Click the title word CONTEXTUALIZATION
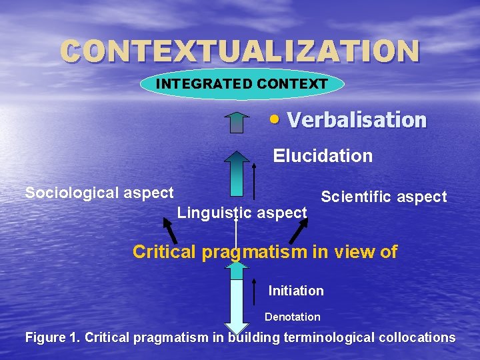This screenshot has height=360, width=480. coord(240,51)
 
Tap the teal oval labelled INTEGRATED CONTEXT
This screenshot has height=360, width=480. coord(242,84)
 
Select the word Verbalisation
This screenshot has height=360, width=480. coord(356,120)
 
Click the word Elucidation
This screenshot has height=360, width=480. coord(323,156)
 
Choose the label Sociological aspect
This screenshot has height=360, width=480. coord(99,193)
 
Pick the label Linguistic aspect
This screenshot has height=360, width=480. coord(242,213)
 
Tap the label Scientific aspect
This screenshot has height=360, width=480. coord(383,197)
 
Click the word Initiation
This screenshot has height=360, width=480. coord(296,291)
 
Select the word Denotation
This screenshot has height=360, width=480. coord(292,317)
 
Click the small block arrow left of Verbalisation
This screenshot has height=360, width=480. coord(236,123)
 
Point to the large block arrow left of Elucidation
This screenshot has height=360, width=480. coord(236,173)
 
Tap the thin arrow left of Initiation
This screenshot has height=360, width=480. coord(255,287)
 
